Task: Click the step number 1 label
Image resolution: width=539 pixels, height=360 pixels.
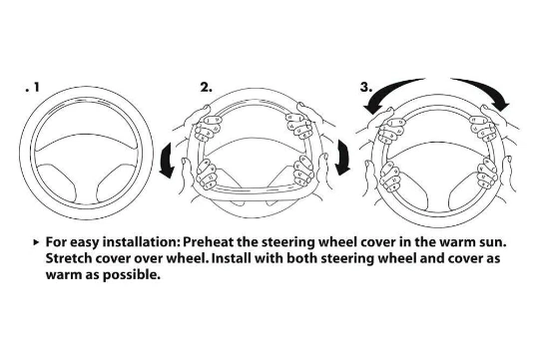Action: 33,87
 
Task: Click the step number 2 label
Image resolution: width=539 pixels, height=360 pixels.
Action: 206,87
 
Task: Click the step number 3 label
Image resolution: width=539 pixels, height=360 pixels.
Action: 365,87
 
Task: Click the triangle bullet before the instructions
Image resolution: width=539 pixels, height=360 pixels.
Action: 37,242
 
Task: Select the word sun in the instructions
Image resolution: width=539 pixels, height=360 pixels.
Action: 492,242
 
